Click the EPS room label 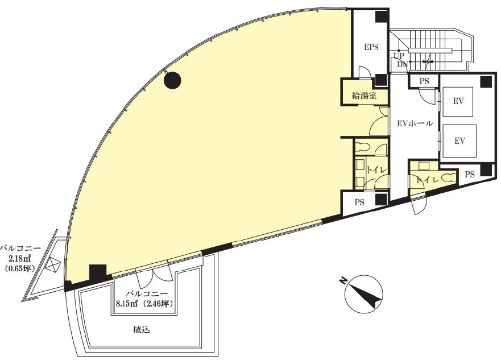click(371, 47)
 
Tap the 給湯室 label click(364, 96)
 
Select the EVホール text click(415, 123)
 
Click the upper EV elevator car click(458, 102)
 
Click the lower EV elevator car click(459, 141)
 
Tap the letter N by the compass click(342, 280)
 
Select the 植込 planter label click(141, 329)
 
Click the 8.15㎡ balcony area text click(127, 304)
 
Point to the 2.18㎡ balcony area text click(20, 258)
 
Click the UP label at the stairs click(399, 56)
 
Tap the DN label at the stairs click(402, 64)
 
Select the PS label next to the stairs click(424, 81)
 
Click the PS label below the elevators click(470, 175)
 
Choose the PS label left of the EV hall click(359, 202)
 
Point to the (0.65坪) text click(20, 268)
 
